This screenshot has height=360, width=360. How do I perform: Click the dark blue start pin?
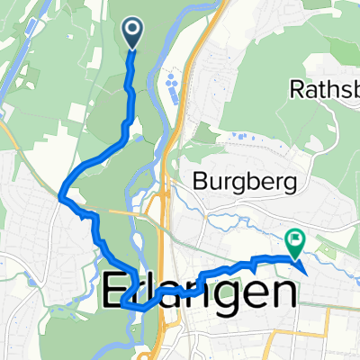click(x=131, y=33)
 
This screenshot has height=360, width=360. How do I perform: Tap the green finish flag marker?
click(x=294, y=241)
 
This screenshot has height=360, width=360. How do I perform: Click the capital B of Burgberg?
click(x=201, y=182)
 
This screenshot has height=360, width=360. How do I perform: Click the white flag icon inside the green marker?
click(x=294, y=239)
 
